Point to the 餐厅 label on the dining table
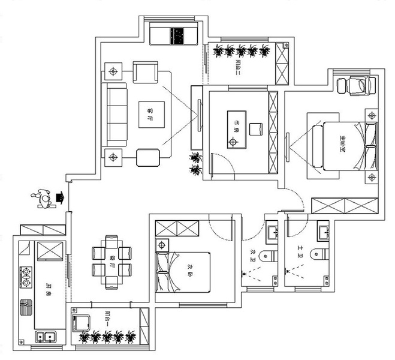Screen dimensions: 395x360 (x=113, y=262)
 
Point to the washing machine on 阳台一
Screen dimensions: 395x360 (x=80, y=323)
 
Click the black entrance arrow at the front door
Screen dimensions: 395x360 (x=59, y=197)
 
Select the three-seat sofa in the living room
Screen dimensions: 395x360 (x=117, y=113)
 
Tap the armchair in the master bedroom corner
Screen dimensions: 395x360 (x=357, y=86)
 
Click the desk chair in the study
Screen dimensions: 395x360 (x=256, y=128)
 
